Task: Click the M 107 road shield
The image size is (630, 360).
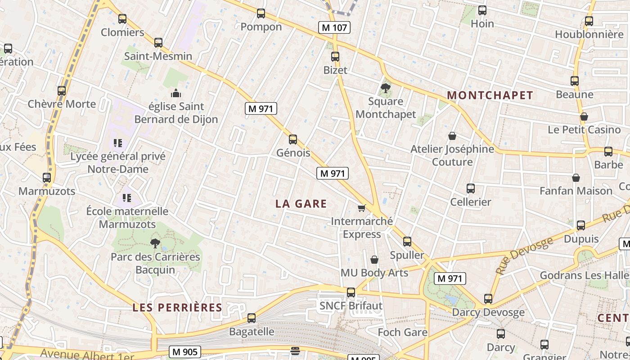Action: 334,27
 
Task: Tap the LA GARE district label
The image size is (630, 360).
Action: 301,203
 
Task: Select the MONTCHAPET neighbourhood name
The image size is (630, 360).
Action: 490,95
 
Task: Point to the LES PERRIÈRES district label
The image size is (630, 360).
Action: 177,308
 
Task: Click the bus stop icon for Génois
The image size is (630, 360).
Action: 293,139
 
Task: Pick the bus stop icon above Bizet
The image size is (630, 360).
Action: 335,57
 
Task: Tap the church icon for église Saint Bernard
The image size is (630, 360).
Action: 175,94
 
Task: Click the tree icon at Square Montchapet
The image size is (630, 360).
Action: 385,88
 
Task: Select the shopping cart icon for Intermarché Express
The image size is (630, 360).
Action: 361,208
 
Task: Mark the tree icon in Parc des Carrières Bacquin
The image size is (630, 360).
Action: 155,243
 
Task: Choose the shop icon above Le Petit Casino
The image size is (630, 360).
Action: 584,117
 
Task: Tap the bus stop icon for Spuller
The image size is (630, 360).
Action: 407,242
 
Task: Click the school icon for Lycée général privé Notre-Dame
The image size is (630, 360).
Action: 118,143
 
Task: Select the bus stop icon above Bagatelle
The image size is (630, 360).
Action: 252,318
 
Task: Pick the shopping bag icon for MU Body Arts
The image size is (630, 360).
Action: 374,260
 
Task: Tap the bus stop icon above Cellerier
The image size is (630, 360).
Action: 471,189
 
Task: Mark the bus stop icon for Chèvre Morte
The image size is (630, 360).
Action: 62,91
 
